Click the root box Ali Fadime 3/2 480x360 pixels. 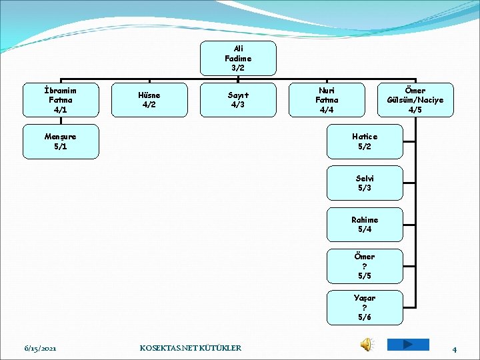[238, 58]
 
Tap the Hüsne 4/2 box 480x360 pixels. [149, 100]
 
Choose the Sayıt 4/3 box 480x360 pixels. [238, 100]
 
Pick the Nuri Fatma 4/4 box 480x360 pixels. [327, 100]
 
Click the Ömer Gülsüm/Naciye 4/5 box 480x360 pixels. [415, 100]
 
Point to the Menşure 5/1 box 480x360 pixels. [61, 141]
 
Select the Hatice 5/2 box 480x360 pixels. [365, 141]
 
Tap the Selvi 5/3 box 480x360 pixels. [365, 183]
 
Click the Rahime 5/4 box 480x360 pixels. [365, 225]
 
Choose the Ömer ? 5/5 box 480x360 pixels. [365, 266]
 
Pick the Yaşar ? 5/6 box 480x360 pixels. [365, 307]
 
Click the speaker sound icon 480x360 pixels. [367, 345]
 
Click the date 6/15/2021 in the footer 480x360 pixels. [40, 348]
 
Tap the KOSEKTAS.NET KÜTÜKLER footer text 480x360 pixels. [191, 348]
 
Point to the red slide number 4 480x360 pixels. [454, 349]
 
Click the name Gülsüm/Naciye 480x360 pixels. [415, 100]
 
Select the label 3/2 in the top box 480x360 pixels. [238, 68]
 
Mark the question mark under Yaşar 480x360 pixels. [365, 307]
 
